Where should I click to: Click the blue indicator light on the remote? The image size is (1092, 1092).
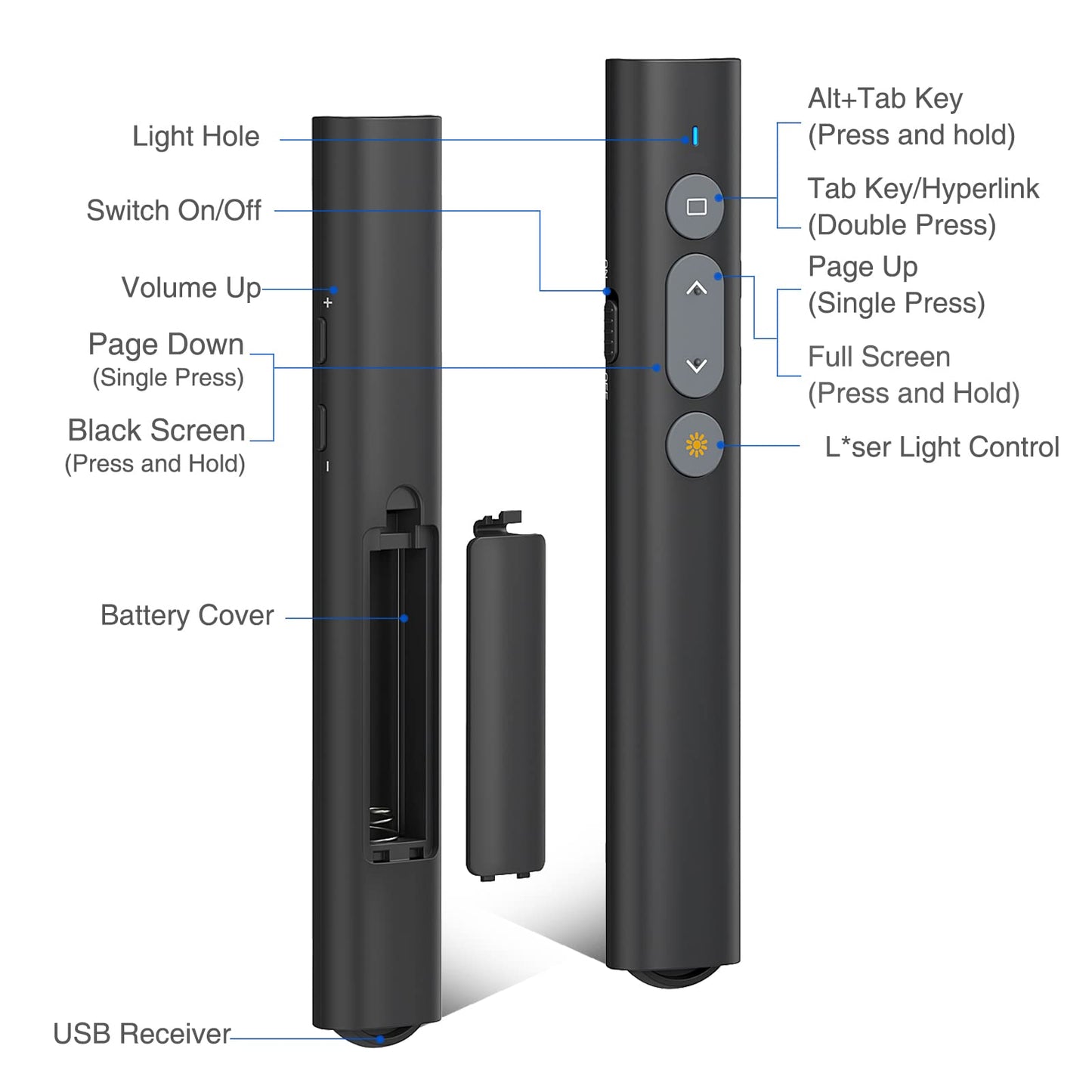694,137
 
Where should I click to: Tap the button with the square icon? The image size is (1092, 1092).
696,206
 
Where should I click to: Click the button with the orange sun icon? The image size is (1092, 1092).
696,445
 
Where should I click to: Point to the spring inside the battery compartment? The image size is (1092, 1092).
382,824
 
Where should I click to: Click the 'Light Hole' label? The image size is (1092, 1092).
196,137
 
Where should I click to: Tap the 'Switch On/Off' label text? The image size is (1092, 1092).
174,211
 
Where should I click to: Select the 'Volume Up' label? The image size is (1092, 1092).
191,288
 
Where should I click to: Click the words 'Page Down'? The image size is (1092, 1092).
166,345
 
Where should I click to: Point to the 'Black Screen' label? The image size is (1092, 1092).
156,431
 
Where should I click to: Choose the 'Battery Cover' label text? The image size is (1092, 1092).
187,616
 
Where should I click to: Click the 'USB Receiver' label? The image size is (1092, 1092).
142,1034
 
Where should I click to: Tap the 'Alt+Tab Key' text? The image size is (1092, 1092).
885,99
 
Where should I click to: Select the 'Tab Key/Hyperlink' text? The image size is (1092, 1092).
923,189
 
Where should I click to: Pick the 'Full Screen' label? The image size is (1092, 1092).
879,357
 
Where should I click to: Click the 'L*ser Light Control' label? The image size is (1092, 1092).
942,447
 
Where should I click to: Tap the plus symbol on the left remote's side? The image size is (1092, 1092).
327,303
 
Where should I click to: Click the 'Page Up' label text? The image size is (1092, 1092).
862,267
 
